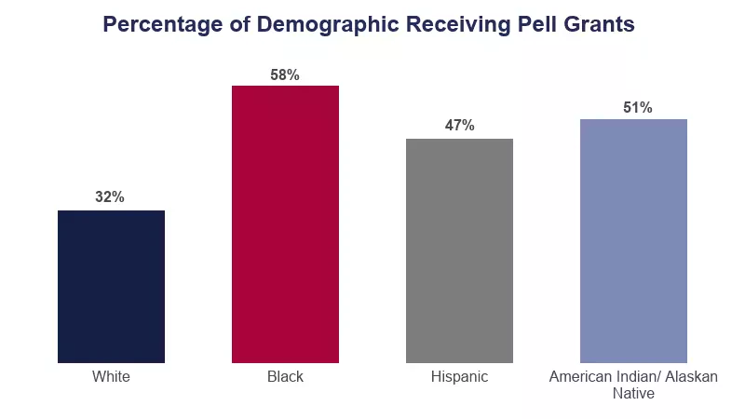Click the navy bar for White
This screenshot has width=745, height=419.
[x=111, y=287]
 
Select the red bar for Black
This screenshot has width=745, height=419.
[x=285, y=223]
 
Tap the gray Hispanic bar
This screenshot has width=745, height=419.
[x=459, y=250]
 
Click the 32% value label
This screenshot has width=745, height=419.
[x=110, y=197]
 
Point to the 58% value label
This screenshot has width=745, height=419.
[x=285, y=74]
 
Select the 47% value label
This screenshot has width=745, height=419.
[x=459, y=126]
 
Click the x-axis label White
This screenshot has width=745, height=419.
[x=111, y=377]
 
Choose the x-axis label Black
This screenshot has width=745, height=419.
[x=285, y=377]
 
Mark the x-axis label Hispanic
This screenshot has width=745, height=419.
[x=459, y=377]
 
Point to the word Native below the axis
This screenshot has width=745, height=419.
[x=633, y=394]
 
